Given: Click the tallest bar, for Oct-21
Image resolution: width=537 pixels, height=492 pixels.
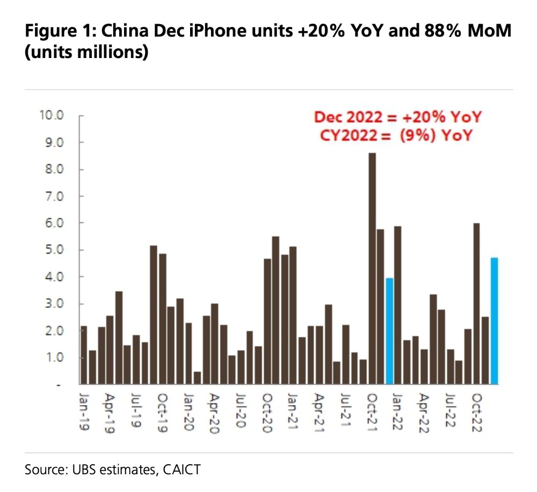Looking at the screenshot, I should [x=372, y=269].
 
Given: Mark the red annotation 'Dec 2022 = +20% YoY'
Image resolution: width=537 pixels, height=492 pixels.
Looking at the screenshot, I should [x=397, y=117].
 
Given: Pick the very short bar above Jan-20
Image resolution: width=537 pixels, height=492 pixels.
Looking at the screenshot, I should [x=197, y=378].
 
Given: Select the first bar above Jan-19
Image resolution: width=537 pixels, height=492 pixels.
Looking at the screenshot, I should [x=84, y=355].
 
